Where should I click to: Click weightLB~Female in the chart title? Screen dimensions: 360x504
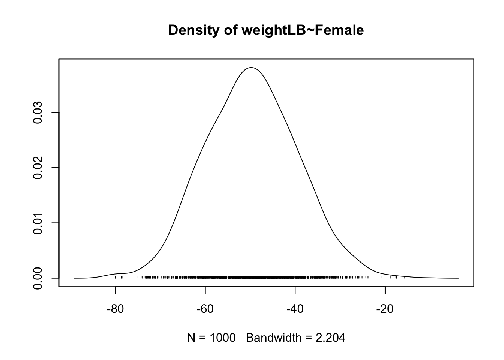303,30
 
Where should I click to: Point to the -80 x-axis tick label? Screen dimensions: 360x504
115,310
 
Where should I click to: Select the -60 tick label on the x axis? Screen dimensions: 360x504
205,310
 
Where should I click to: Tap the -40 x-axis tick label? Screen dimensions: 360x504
295,310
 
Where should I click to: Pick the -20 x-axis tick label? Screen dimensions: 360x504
385,310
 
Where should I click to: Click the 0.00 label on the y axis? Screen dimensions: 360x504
37,278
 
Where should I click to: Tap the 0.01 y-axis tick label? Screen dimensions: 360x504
37,223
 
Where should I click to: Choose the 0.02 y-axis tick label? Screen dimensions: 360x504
37,168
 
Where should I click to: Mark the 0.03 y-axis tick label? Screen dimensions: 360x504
37,112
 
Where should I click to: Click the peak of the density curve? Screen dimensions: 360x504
251,67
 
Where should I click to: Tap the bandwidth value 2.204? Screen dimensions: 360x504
330,338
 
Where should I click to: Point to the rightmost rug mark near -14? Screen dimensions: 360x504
411,277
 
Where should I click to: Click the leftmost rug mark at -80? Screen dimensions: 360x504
115,277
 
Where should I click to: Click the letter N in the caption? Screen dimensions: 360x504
191,338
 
